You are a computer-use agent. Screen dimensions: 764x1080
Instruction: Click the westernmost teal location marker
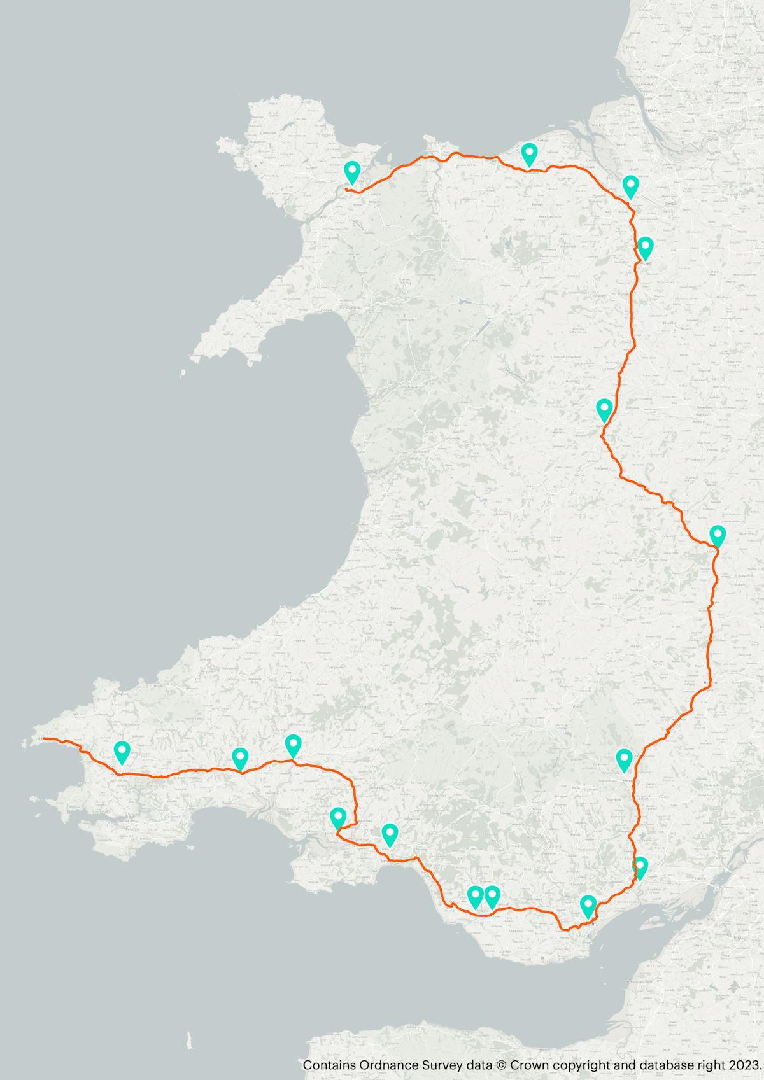tap(122, 752)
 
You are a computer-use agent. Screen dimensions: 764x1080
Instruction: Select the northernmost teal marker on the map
tap(529, 153)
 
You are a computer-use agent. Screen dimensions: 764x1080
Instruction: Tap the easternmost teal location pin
tap(718, 536)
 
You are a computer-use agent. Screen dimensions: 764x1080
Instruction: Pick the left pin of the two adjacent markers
tap(475, 896)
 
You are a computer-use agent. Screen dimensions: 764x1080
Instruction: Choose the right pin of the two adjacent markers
tap(492, 896)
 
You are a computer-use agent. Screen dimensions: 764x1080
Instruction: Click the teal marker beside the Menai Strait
tap(352, 171)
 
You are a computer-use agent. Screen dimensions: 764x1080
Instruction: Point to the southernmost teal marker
tap(588, 905)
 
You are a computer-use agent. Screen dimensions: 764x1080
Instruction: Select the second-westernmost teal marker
tap(240, 757)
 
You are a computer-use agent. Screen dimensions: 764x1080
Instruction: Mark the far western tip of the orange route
tap(43, 738)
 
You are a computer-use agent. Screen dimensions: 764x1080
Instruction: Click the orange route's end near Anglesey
tap(346, 189)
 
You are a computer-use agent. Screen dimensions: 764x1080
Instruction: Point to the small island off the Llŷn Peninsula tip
tap(183, 374)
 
